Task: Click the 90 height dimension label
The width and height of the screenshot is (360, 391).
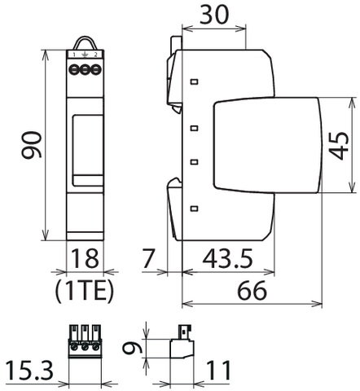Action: point(32,144)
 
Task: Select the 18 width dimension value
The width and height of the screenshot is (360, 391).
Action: point(85,258)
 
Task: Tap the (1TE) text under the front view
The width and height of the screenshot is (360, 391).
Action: point(84,292)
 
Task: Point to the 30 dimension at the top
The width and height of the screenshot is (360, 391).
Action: point(214,15)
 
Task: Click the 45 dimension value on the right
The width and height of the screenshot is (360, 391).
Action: point(339,145)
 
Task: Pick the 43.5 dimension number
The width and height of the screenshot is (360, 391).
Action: point(227,258)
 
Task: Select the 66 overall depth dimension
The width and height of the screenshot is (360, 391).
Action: point(252,290)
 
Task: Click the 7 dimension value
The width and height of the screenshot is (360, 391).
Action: point(148,258)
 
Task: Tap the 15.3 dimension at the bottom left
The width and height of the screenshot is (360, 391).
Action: point(29,370)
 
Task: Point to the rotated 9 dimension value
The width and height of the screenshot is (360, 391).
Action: point(132,348)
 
